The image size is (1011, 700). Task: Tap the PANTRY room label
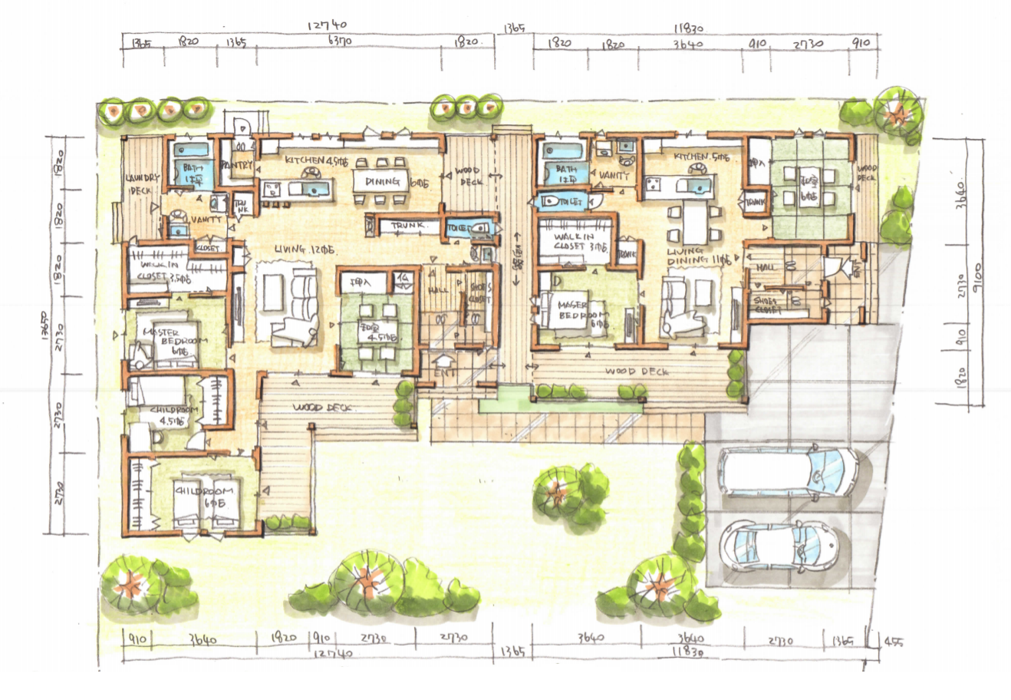236,164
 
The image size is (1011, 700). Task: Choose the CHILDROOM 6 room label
202,490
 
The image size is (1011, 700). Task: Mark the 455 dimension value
893,642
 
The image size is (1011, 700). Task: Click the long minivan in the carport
787,471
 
